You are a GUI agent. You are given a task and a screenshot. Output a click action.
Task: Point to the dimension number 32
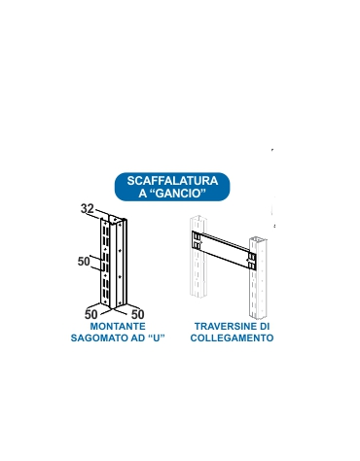point(87,209)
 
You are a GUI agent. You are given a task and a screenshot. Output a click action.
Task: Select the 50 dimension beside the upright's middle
point(84,262)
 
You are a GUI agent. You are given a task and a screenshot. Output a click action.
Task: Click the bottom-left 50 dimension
point(90,314)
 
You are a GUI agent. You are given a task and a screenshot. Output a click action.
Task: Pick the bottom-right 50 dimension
point(137,314)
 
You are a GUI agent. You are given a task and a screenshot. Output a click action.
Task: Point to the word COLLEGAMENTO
point(233,338)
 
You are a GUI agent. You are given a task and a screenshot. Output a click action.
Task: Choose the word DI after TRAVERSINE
point(264,327)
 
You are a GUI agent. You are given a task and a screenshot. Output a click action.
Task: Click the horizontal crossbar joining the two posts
point(223,248)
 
